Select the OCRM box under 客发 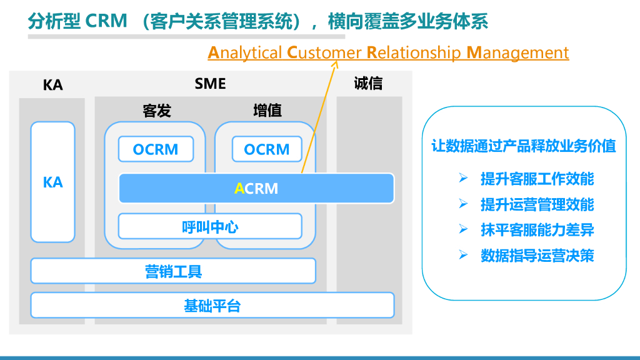tap(156, 149)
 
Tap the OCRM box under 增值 tap(267, 149)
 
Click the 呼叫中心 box tap(210, 226)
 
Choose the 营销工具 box tap(173, 271)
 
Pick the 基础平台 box tap(212, 305)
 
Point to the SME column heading tap(210, 83)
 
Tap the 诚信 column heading tap(368, 83)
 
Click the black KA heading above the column tap(52, 85)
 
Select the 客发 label tap(156, 111)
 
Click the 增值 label tap(267, 111)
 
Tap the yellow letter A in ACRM tap(239, 189)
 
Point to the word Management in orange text tap(517, 52)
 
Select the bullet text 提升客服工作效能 tap(537, 179)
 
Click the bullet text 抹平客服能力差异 tap(537, 229)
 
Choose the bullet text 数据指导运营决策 tap(537, 255)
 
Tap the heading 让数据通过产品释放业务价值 tap(524, 146)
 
